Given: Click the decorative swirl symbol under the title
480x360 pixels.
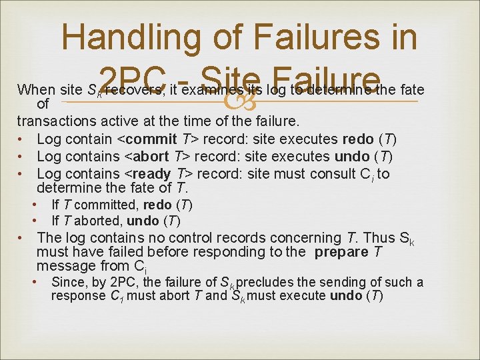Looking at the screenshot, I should (238, 101).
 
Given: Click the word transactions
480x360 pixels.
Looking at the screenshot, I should (55, 122).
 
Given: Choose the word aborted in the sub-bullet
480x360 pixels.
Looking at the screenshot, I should (95, 221).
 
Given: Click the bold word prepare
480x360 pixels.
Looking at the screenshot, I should (341, 252).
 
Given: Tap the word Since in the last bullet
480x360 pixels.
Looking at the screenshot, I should (67, 283).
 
